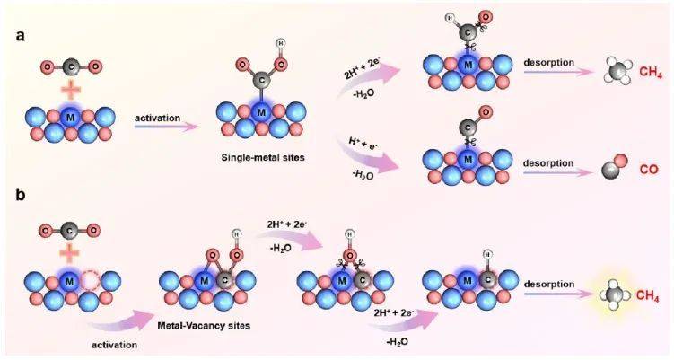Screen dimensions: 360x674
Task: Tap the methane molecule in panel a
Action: pos(590,69)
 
